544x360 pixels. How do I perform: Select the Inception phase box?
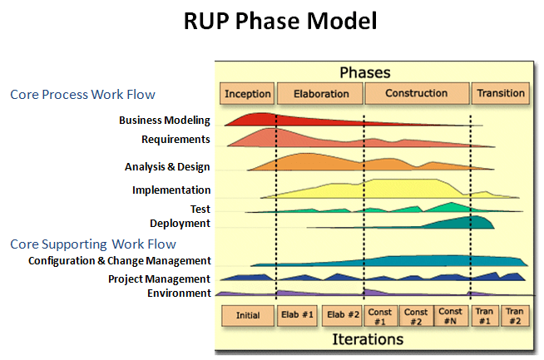[x=247, y=94]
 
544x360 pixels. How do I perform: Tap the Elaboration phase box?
[x=321, y=94]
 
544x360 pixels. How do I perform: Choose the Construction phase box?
[x=417, y=94]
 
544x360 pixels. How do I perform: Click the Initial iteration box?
[x=248, y=316]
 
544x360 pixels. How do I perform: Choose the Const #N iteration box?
[x=450, y=316]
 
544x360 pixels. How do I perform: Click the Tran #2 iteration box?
[x=514, y=316]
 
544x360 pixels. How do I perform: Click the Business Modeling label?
[x=164, y=121]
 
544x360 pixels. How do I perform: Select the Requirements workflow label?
[x=176, y=139]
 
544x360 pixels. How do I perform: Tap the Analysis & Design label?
[x=167, y=167]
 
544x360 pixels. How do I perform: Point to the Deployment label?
[x=180, y=223]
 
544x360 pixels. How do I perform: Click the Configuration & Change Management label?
[x=119, y=261]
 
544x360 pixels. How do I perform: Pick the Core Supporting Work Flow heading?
[x=93, y=244]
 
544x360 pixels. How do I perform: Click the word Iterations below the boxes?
[x=368, y=339]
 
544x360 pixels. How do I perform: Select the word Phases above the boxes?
[x=364, y=72]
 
